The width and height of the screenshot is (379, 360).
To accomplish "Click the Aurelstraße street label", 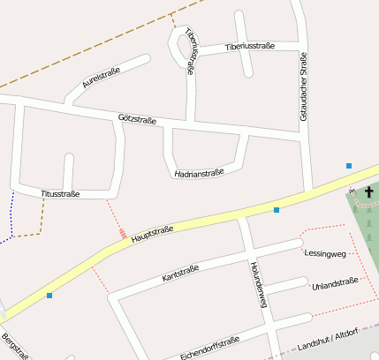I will tap(101, 78).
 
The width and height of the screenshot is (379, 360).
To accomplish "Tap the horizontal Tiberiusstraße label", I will tap(250, 46).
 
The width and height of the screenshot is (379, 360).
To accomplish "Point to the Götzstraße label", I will tap(137, 119).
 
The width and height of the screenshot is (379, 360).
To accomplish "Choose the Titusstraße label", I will tap(61, 193).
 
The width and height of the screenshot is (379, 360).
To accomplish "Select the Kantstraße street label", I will tap(181, 272).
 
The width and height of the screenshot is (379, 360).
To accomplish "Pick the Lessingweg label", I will tap(324, 254).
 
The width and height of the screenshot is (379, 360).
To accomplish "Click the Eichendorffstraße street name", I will tap(209, 348).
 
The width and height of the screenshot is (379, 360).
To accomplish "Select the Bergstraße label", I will tap(15, 348).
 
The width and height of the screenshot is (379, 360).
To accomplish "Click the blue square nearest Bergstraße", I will tap(49, 296).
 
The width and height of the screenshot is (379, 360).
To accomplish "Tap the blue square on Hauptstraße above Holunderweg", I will tap(277, 210).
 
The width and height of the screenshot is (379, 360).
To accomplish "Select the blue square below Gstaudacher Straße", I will tap(349, 166).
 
